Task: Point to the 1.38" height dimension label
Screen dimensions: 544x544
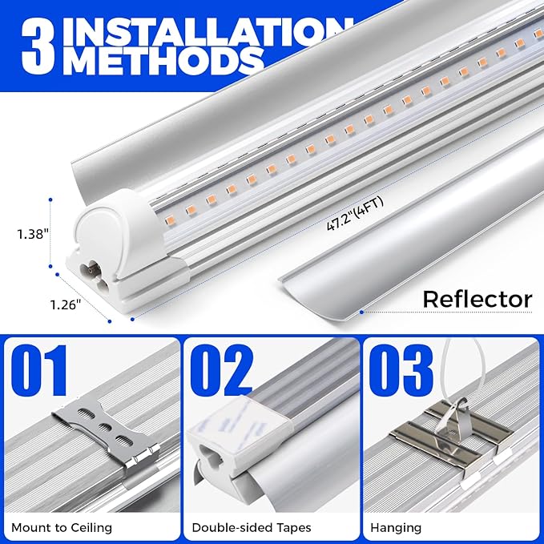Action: pyautogui.click(x=31, y=235)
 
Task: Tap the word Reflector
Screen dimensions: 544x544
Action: pyautogui.click(x=477, y=300)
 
